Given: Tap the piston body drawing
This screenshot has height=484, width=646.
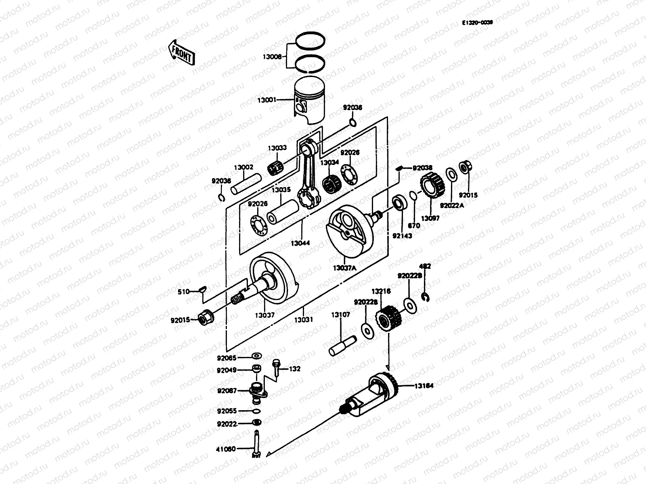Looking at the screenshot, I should [309, 101].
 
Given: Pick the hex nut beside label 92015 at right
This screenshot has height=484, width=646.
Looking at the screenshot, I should [464, 167].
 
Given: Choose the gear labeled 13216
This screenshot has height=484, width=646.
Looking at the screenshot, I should [388, 319].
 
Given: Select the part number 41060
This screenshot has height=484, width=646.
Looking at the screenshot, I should [226, 448].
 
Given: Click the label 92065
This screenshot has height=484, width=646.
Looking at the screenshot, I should [227, 358].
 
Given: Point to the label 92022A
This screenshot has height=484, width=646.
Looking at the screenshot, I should [452, 205].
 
